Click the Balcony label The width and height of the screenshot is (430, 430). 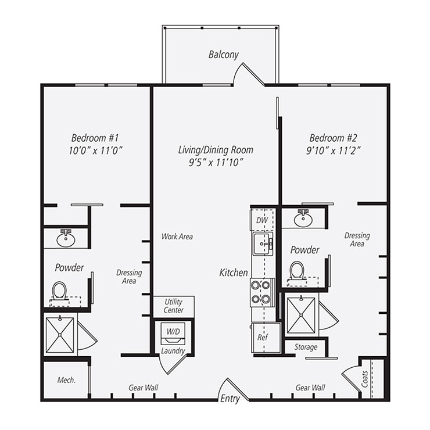[224, 55]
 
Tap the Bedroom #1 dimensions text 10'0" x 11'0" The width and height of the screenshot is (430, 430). [95, 150]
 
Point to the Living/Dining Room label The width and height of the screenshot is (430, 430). [216, 150]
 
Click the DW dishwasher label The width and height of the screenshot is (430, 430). [263, 221]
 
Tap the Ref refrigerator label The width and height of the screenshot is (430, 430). [262, 336]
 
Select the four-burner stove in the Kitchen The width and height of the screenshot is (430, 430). [261, 292]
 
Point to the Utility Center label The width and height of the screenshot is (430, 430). [174, 306]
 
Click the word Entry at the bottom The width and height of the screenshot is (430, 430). [230, 399]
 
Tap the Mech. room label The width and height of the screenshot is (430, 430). [65, 381]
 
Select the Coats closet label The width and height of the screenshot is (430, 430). [364, 379]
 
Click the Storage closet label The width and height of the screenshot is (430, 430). [306, 347]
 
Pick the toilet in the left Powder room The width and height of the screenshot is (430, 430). [60, 290]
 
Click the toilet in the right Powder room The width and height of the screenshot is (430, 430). [298, 271]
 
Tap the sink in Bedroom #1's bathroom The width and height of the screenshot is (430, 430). [66, 238]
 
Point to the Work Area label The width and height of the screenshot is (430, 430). [177, 236]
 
